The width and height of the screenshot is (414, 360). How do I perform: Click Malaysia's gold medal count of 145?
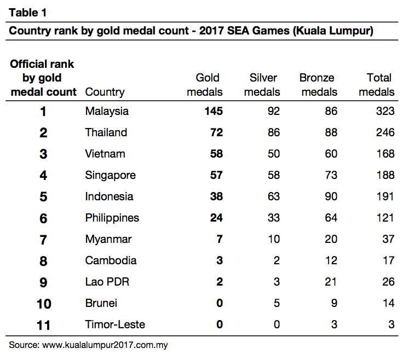214,111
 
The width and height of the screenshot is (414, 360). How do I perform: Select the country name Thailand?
106,132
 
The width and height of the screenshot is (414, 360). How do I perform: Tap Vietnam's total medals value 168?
385,154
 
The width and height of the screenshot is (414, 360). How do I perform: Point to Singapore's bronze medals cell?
331,175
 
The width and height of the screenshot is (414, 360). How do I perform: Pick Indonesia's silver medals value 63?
274,196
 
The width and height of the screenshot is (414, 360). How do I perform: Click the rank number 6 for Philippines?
43,218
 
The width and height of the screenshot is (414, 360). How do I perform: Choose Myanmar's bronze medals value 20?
331,239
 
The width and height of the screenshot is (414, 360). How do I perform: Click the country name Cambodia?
111,260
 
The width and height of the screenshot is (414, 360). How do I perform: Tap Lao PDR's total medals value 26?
388,282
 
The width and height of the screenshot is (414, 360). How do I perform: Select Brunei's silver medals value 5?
277,303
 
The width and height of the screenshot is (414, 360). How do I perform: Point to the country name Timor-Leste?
115,324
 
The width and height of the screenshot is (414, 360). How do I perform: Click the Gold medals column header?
205,85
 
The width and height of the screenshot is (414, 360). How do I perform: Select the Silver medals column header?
262,85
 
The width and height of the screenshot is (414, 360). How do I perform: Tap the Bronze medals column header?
318,85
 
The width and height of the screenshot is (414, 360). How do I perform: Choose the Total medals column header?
377,85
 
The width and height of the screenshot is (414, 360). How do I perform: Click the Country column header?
105,92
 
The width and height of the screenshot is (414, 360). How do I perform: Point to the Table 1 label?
28,13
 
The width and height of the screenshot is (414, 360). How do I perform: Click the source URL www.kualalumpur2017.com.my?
105,345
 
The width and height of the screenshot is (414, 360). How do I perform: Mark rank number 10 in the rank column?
44,304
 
